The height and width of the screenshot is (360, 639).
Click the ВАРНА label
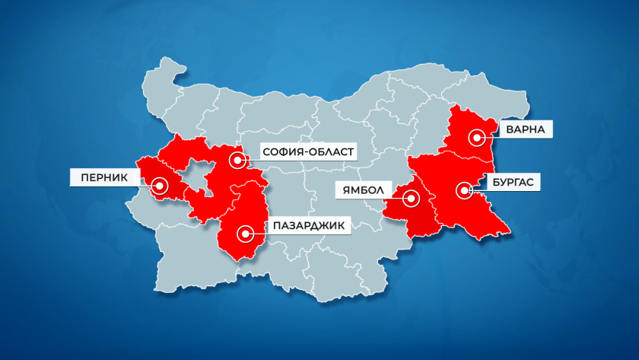526,130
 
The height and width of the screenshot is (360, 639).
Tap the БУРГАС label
511,183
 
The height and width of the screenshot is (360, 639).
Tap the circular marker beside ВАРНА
477,138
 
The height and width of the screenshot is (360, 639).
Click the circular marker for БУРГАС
463,190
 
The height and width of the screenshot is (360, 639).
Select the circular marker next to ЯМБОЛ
412,199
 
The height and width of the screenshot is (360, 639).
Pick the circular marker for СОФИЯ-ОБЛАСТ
239,161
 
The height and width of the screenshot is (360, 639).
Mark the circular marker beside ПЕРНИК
160,184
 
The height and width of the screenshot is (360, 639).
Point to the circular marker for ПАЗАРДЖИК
244,233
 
